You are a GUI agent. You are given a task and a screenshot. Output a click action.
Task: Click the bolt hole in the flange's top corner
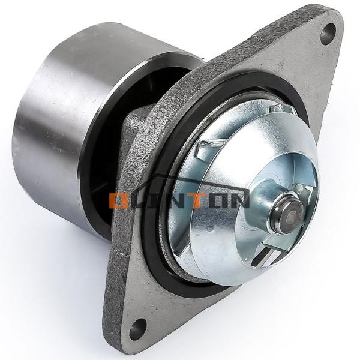(328, 34)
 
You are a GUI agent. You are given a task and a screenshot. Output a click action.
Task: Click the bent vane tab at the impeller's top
(282, 109)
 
